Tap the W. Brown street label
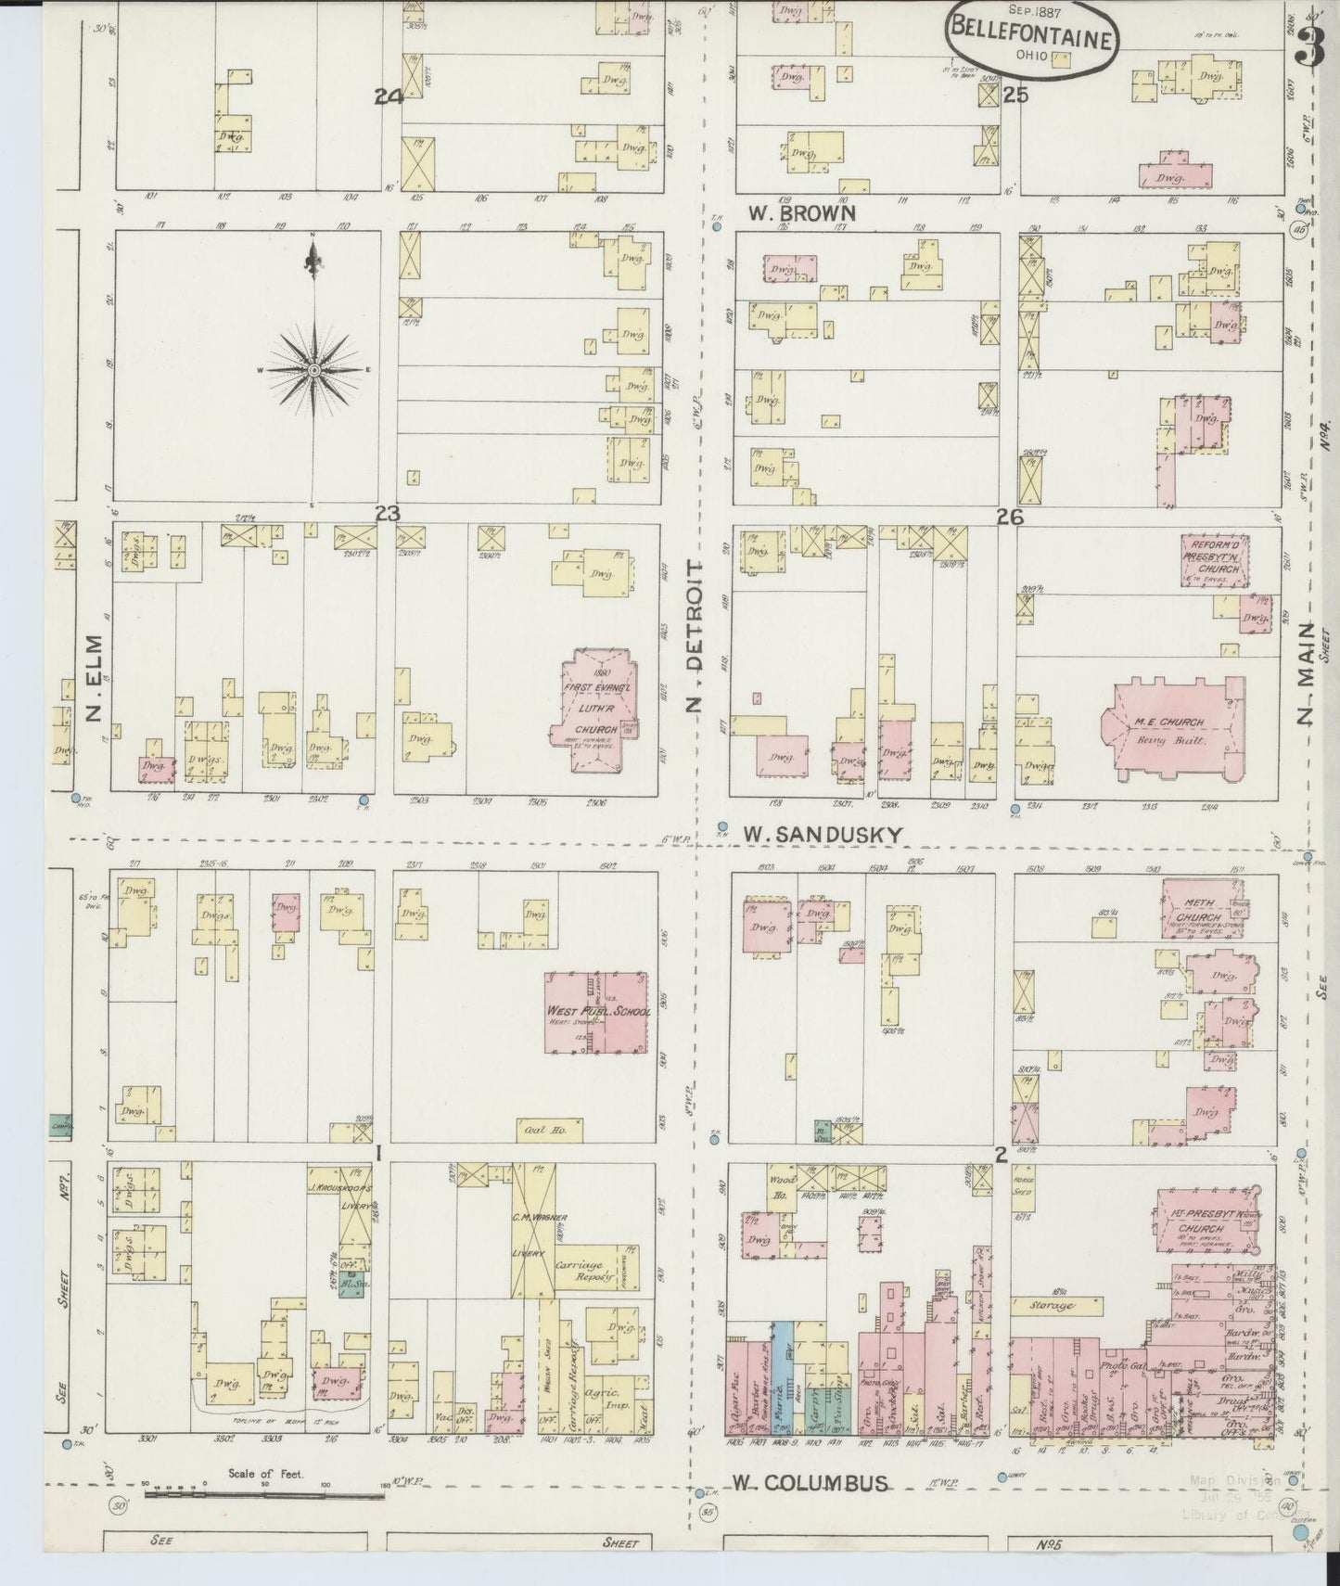(802, 212)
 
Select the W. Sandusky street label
(822, 835)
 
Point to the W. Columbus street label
(809, 1483)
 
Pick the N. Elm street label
(94, 677)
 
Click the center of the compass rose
(314, 369)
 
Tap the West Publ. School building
(596, 1012)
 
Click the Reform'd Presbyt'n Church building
(1215, 560)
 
